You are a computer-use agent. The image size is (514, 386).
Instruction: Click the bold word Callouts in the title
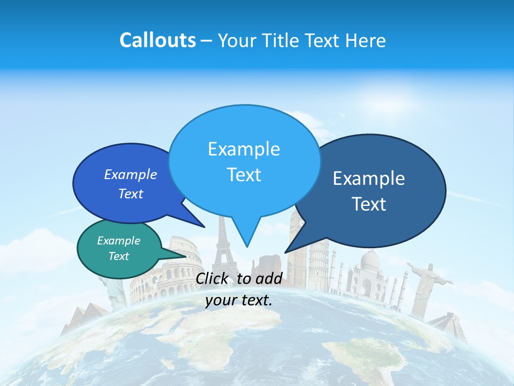pos(157,40)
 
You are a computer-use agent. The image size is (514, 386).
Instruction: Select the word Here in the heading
pos(364,40)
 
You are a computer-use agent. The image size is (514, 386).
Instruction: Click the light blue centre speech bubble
pos(244,161)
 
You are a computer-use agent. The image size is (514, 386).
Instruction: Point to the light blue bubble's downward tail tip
pos(247,247)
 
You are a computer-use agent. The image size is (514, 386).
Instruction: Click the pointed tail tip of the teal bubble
pos(187,256)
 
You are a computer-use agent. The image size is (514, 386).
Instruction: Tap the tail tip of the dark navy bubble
pos(285,252)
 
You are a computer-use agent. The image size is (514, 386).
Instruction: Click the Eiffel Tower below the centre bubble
pos(222,247)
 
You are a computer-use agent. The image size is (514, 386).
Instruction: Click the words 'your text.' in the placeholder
pos(239,300)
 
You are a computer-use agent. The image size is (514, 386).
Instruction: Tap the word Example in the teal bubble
pos(119,241)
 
